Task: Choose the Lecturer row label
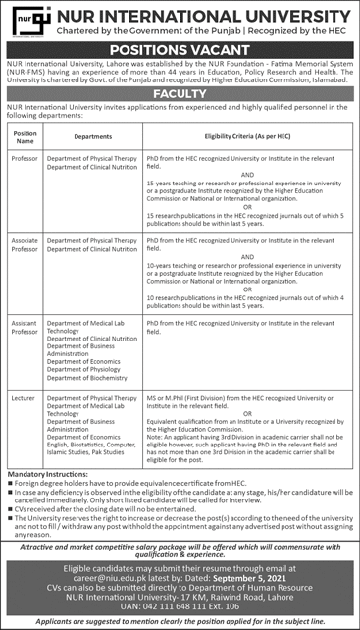[x=26, y=398]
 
